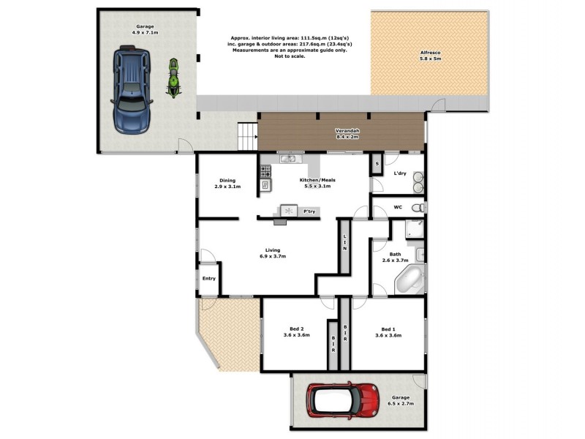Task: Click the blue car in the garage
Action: pyautogui.click(x=132, y=89)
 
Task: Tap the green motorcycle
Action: pyautogui.click(x=174, y=78)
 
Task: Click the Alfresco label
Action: pyautogui.click(x=430, y=54)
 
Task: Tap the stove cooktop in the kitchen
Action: pyautogui.click(x=265, y=171)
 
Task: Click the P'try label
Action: pyautogui.click(x=320, y=211)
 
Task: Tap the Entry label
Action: pyautogui.click(x=208, y=278)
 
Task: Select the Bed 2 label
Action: pyautogui.click(x=295, y=329)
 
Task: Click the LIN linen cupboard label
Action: pyautogui.click(x=344, y=242)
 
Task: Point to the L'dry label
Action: pyautogui.click(x=400, y=173)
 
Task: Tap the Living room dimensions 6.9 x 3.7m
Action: pyautogui.click(x=272, y=256)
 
